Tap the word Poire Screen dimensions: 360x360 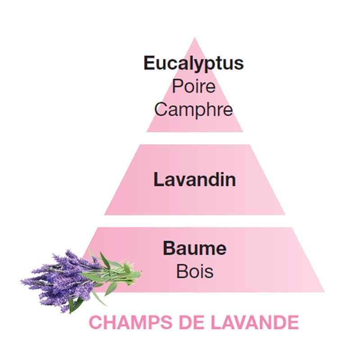(x=194, y=86)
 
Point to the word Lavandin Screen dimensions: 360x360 (x=194, y=180)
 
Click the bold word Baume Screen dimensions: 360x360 (x=195, y=248)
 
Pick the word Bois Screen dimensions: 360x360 (x=195, y=271)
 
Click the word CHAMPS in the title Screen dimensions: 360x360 (x=130, y=322)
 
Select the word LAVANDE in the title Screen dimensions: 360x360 (x=255, y=322)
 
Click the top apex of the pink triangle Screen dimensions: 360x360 (x=195, y=38)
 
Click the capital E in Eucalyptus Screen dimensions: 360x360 (x=150, y=63)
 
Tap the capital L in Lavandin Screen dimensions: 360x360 (x=159, y=179)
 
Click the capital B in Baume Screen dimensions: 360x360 (x=169, y=248)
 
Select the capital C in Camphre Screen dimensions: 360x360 (x=161, y=109)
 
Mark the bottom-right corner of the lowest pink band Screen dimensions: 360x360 (x=324, y=292)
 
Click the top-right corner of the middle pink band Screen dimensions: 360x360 (x=250, y=144)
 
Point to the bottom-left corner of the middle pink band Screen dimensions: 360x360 (x=104, y=215)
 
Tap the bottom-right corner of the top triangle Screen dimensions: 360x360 (x=243, y=132)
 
